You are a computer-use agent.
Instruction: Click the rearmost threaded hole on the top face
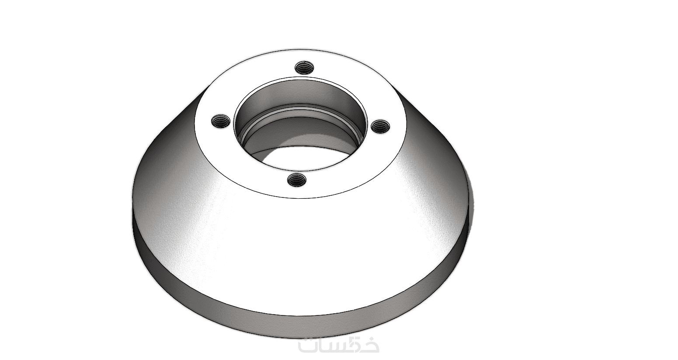click(304, 67)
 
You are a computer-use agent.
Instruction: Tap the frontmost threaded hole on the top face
click(297, 180)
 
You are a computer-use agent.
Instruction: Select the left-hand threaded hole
click(220, 121)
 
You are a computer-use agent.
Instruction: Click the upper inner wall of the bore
click(299, 91)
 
